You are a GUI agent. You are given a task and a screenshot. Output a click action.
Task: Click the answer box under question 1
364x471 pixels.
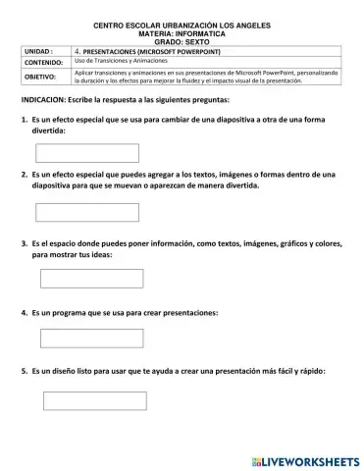tap(74, 152)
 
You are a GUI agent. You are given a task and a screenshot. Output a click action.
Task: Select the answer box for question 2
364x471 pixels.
tap(74, 212)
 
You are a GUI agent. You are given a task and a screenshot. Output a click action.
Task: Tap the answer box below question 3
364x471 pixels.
tap(78, 278)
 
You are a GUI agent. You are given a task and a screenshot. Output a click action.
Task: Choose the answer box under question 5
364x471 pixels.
tap(79, 400)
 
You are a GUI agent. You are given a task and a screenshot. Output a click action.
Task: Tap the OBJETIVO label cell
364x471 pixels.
tap(41, 76)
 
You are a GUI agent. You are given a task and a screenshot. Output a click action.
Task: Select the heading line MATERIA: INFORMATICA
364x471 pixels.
tap(182, 30)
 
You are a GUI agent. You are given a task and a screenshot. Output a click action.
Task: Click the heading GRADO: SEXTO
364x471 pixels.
tap(182, 38)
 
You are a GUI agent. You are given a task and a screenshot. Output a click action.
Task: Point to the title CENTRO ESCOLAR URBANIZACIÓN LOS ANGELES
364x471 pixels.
tap(182, 22)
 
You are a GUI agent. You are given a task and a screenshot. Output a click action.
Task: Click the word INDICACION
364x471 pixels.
tap(46, 101)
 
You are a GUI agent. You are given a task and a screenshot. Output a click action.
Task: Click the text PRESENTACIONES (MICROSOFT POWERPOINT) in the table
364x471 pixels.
tap(148, 47)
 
